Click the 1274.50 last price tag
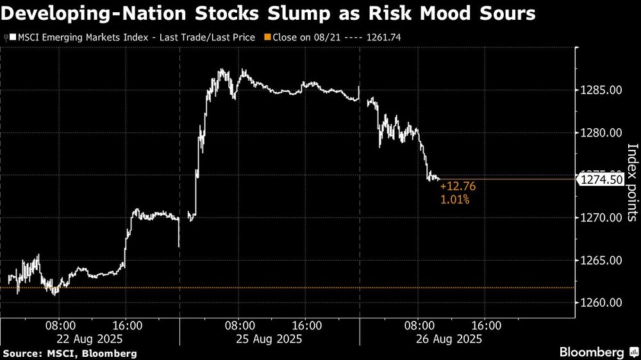click(601, 180)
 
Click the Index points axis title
click(632, 182)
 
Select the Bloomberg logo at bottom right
click(592, 352)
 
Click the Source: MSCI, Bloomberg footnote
click(70, 353)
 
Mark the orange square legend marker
click(269, 37)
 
